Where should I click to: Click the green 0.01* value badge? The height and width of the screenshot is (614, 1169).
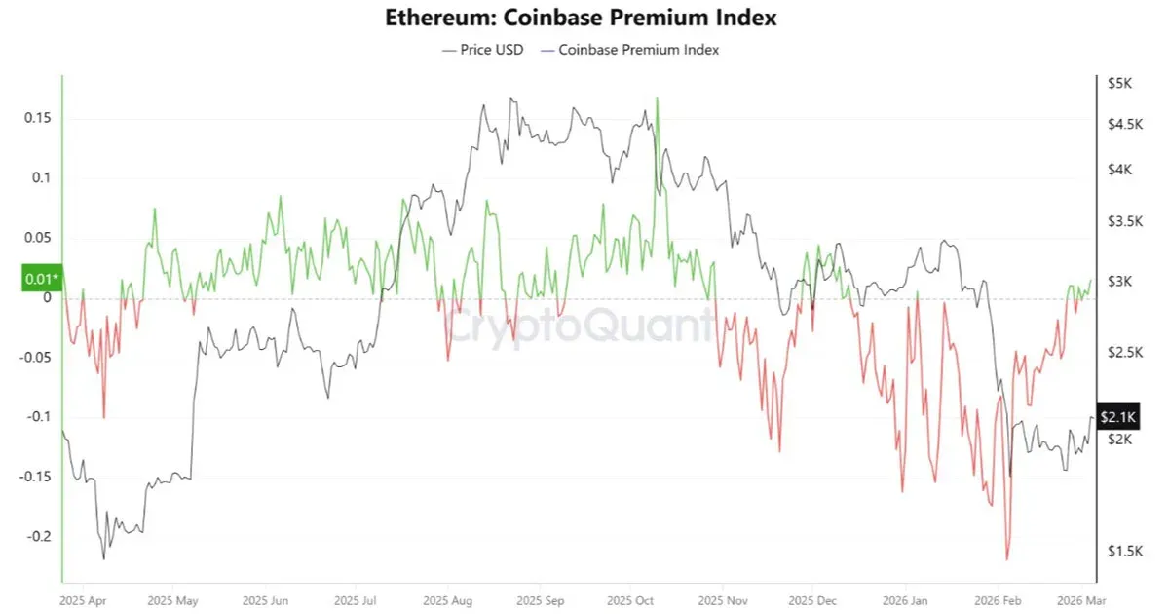(40, 280)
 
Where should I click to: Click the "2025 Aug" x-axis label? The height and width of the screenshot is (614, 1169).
(451, 600)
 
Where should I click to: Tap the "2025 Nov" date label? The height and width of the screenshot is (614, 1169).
(725, 600)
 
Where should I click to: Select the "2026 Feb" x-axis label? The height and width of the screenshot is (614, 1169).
(999, 600)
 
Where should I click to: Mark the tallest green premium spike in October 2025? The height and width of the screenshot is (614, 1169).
(658, 99)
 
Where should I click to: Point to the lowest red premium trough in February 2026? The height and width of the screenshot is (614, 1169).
(1006, 559)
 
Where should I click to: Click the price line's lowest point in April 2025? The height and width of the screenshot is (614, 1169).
(103, 558)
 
